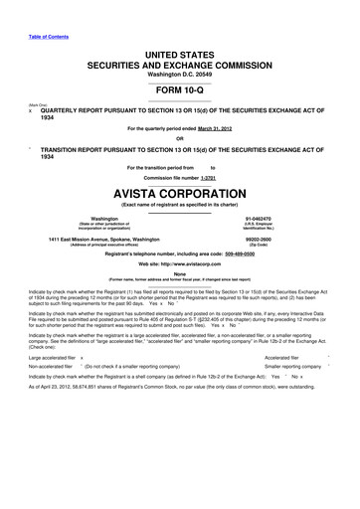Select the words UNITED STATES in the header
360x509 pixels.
179,50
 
